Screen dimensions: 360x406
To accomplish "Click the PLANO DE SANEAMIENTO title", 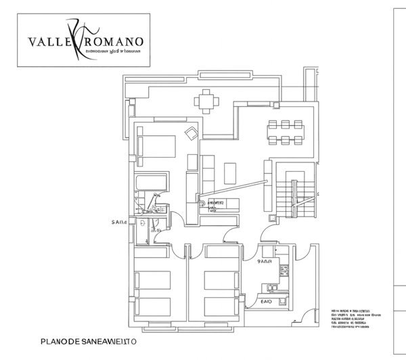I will click(x=89, y=342).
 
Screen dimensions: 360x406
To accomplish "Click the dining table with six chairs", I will click(x=285, y=131).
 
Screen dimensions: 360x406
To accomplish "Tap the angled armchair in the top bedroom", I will click(x=191, y=134).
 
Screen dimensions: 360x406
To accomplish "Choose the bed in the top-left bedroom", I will click(x=156, y=145).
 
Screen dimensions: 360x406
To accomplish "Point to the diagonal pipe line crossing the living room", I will click(x=237, y=185).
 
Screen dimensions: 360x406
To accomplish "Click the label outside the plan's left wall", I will click(x=120, y=221).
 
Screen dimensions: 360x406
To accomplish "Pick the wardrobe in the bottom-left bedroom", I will click(x=152, y=251).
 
